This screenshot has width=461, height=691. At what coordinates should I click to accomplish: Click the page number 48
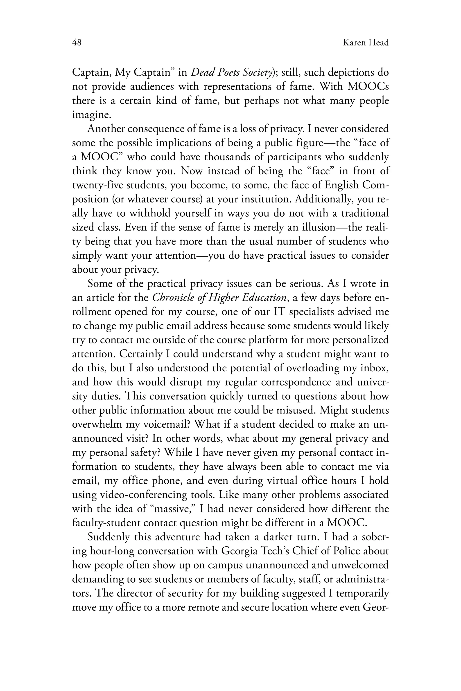pyautogui.click(x=77, y=43)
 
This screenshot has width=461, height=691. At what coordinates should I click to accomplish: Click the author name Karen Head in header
pyautogui.click(x=366, y=43)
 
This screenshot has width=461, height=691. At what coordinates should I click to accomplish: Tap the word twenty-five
pyautogui.click(x=97, y=185)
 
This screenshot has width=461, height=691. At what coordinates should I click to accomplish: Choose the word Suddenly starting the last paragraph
pyautogui.click(x=109, y=537)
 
